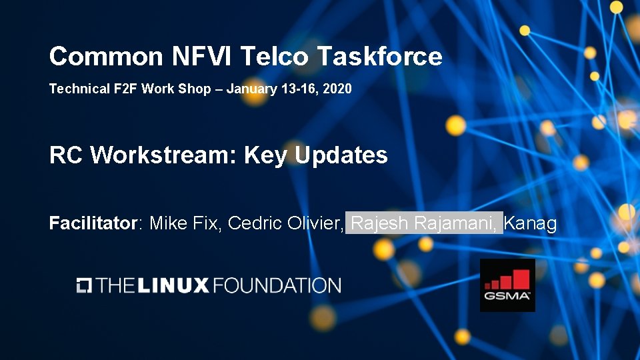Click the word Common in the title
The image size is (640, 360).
pyautogui.click(x=105, y=56)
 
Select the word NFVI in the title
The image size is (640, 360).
pyautogui.click(x=202, y=56)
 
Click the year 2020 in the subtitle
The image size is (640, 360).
pyautogui.click(x=337, y=89)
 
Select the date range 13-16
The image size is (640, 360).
pyautogui.click(x=299, y=89)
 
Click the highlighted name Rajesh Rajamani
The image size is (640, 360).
pyautogui.click(x=424, y=223)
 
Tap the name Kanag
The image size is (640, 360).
pyautogui.click(x=531, y=223)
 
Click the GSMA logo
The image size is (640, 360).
pyautogui.click(x=507, y=285)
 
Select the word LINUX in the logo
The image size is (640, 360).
pyautogui.click(x=175, y=286)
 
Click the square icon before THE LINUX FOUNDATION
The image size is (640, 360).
pyautogui.click(x=84, y=285)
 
